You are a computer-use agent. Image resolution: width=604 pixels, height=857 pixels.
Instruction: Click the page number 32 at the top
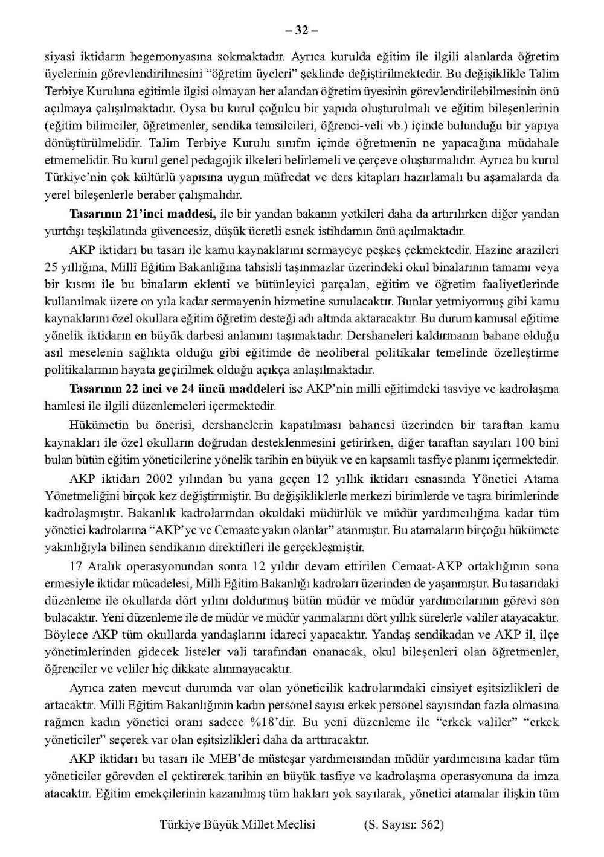tap(301, 31)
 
